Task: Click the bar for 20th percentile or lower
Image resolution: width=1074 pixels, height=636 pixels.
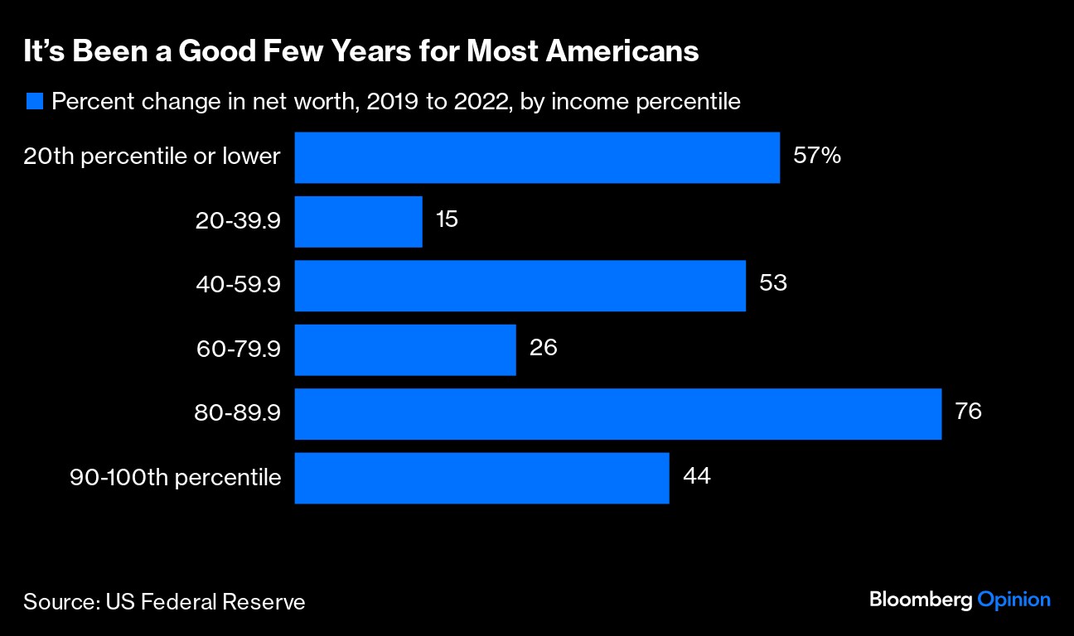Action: click(537, 157)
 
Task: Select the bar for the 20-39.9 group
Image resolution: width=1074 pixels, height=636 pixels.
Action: click(358, 221)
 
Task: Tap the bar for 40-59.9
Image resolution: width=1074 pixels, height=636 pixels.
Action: click(520, 286)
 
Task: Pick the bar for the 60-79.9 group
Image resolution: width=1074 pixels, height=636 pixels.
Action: click(405, 349)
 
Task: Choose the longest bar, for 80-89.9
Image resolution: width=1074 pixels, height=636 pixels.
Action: click(617, 414)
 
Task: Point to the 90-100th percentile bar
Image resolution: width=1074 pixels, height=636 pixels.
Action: click(481, 478)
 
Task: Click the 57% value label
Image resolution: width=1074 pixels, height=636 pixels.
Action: click(817, 155)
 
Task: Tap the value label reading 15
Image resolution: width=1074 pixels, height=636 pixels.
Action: click(447, 219)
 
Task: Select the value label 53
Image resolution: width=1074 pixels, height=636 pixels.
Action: click(772, 283)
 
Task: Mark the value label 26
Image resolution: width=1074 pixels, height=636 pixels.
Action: click(544, 347)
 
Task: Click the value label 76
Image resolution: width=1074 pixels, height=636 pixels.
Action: click(968, 411)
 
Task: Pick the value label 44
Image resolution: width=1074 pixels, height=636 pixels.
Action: click(697, 475)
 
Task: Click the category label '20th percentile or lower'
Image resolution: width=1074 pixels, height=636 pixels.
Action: click(152, 156)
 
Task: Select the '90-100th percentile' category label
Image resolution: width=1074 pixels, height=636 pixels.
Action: click(175, 477)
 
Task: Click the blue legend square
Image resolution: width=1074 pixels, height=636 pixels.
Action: click(34, 102)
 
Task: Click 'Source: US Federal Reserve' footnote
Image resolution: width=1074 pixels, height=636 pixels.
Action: click(164, 601)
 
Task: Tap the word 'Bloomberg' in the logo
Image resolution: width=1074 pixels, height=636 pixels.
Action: click(920, 600)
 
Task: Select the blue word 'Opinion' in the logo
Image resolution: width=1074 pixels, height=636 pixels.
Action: click(1014, 600)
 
